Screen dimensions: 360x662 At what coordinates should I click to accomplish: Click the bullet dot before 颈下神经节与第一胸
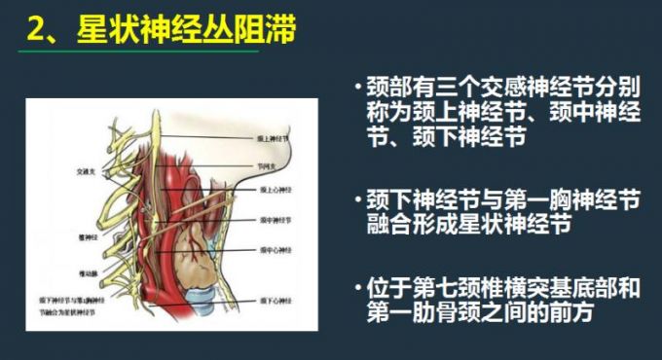pos(359,201)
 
